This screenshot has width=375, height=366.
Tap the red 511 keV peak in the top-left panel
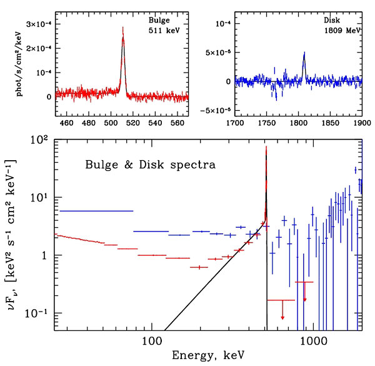coord(123,38)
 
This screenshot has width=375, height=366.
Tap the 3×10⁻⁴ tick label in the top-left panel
coord(36,24)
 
